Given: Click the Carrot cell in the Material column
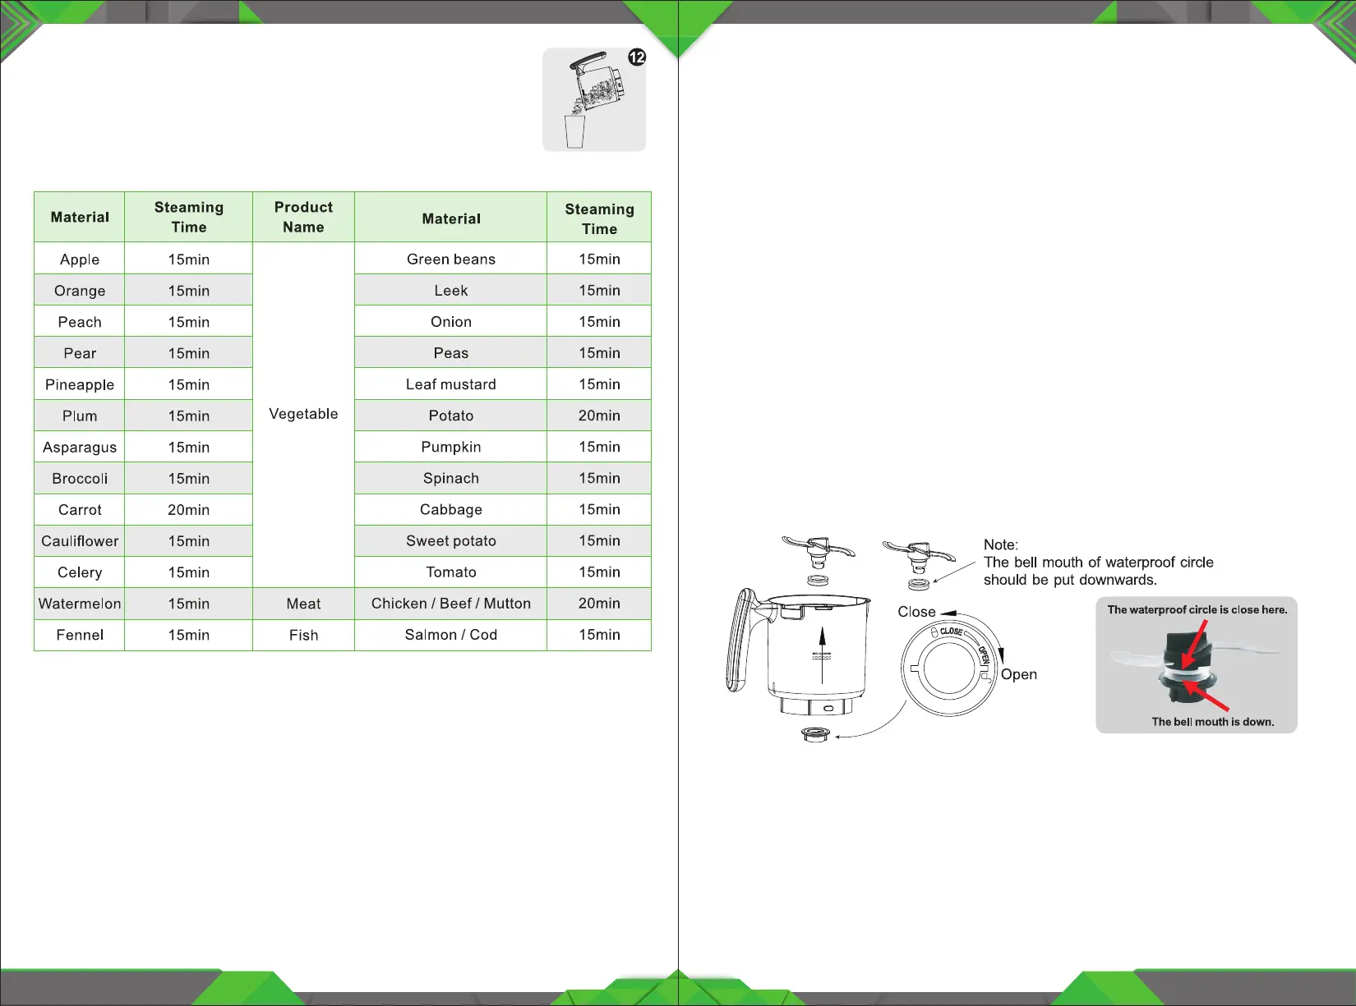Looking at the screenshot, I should click(x=80, y=510).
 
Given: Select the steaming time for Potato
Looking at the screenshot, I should click(x=599, y=416).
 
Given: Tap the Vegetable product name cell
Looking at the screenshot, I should click(x=303, y=414).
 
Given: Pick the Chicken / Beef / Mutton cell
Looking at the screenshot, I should click(x=450, y=604).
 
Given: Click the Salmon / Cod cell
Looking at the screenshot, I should click(x=450, y=635).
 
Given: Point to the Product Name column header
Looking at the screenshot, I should click(x=303, y=217).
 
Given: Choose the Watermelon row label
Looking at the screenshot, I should click(x=80, y=604).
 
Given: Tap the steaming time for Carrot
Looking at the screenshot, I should click(x=188, y=510).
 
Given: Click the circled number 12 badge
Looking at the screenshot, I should click(x=637, y=57).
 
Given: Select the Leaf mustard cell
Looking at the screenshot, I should click(x=450, y=384).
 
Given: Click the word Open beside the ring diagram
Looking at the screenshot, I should click(x=1018, y=674).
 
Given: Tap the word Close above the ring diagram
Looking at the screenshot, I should click(x=916, y=612).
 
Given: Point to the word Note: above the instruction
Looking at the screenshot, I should click(x=1000, y=544).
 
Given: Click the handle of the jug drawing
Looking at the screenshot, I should click(x=738, y=641).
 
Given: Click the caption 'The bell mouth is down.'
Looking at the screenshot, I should click(x=1212, y=722).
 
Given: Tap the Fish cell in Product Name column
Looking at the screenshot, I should click(x=303, y=635).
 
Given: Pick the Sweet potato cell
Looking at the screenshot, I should click(x=450, y=541).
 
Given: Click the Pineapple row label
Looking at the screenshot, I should click(x=80, y=384).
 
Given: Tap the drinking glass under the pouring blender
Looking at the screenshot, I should click(x=574, y=131).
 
